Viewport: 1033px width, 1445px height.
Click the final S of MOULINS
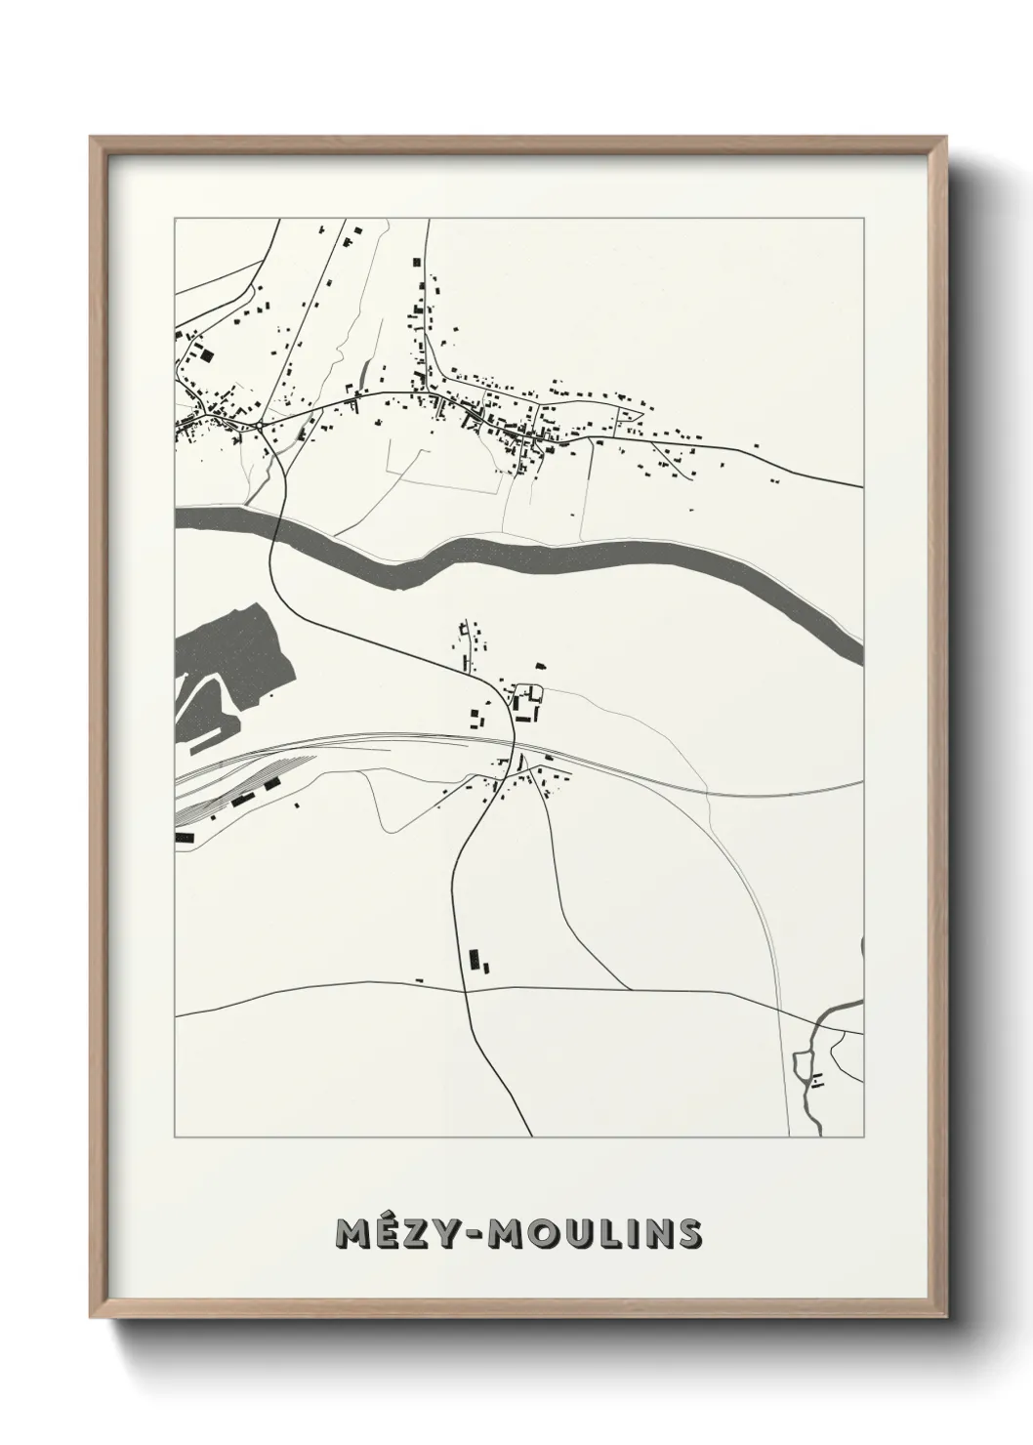pos(687,1233)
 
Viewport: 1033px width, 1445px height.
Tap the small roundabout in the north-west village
pos(262,427)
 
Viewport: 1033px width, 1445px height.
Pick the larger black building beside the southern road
pos(475,960)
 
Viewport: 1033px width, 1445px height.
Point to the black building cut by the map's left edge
pos(183,837)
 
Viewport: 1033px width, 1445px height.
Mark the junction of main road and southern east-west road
pos(467,989)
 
